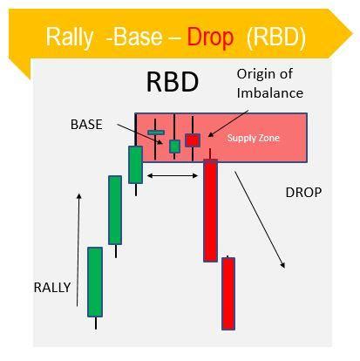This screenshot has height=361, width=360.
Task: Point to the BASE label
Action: (85, 125)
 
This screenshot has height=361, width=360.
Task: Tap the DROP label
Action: (303, 192)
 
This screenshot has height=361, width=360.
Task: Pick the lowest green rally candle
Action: (95, 281)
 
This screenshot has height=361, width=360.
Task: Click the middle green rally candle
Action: (115, 209)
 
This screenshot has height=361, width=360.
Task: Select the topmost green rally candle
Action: (135, 164)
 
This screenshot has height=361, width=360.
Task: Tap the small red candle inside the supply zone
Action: (193, 140)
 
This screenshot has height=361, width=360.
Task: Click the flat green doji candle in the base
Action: (156, 133)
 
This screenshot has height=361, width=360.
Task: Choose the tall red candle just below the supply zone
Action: (210, 209)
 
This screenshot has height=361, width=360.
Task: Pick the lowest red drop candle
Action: (228, 292)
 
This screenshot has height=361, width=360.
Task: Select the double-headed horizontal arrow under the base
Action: (173, 176)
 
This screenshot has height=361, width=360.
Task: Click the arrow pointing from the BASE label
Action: (147, 134)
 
